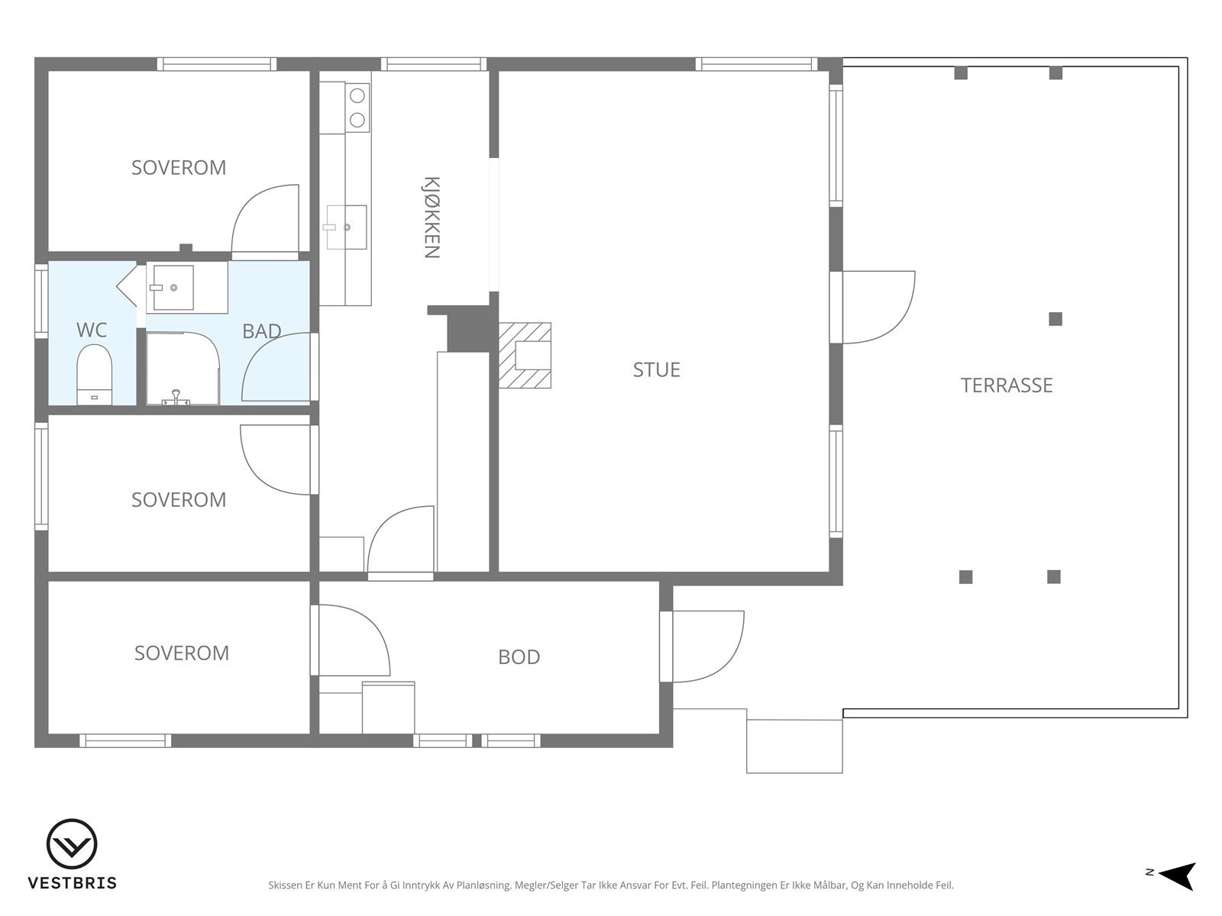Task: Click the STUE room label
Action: (x=656, y=370)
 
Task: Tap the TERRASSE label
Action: (x=1007, y=385)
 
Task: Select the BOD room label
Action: (x=519, y=656)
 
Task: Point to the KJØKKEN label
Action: (x=432, y=218)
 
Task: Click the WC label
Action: (x=92, y=330)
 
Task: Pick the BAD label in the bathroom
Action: (x=262, y=331)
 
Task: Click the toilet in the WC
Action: (x=94, y=374)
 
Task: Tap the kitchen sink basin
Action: (x=346, y=227)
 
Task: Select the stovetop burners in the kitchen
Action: (x=357, y=108)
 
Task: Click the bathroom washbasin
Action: (x=173, y=288)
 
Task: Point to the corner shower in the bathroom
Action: (x=183, y=369)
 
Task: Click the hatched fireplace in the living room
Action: (x=525, y=356)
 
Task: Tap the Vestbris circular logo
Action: (x=72, y=844)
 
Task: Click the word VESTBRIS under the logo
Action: (x=73, y=883)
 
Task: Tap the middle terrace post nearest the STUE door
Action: (x=1056, y=318)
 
